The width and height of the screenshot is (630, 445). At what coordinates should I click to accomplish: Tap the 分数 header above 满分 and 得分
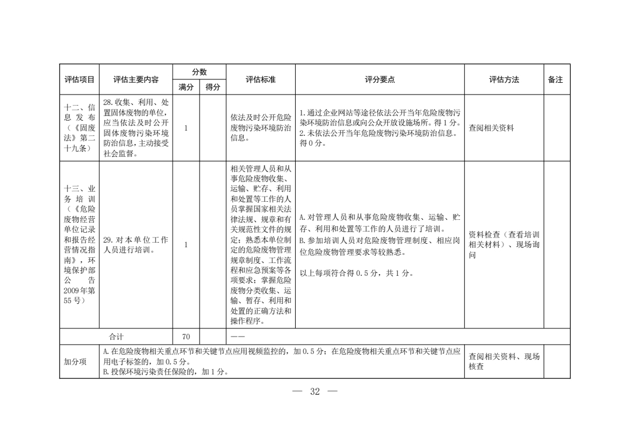pos(199,72)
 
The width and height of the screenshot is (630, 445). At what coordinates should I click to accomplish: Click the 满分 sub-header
pos(186,87)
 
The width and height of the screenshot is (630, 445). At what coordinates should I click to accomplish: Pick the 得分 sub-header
pos(212,87)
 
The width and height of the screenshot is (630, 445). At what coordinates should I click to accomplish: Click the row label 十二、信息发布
pos(79,128)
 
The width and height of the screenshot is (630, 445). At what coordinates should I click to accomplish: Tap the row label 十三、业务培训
pos(79,245)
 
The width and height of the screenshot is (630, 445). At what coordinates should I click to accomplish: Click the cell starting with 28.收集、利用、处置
pos(136,128)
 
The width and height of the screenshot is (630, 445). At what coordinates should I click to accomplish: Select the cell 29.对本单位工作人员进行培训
pos(136,245)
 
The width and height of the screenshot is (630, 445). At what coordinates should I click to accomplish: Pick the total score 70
pos(186,337)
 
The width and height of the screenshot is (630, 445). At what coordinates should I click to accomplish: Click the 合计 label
pos(116,337)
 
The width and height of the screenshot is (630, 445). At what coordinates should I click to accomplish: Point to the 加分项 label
pos(79,362)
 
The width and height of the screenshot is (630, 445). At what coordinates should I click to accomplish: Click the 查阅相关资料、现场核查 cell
pos(503,362)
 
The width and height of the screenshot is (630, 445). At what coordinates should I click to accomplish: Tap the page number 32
pos(315,391)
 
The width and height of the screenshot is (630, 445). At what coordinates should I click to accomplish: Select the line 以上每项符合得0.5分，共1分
pos(356,273)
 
